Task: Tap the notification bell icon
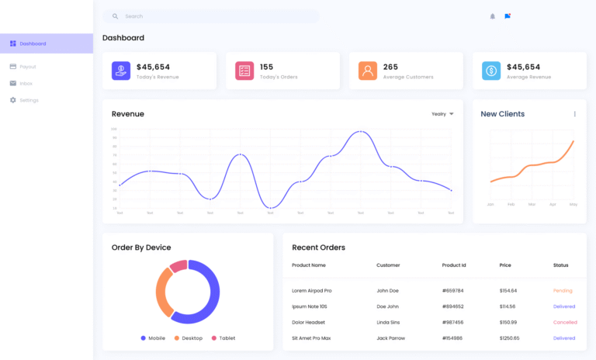(x=492, y=16)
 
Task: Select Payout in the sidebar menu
(x=27, y=67)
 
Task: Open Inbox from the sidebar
(x=26, y=83)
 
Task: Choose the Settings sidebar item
(x=28, y=100)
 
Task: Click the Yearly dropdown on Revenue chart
(x=442, y=114)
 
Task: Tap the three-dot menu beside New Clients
(x=575, y=114)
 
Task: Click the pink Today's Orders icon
(x=244, y=71)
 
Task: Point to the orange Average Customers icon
(x=368, y=71)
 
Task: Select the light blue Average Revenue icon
(x=491, y=71)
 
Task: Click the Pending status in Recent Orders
(x=563, y=290)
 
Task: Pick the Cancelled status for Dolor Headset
(x=565, y=322)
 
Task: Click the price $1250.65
(x=510, y=338)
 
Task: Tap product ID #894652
(x=452, y=306)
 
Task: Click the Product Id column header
(x=454, y=265)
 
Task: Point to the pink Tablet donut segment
(x=178, y=266)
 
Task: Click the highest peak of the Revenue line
(x=360, y=132)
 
